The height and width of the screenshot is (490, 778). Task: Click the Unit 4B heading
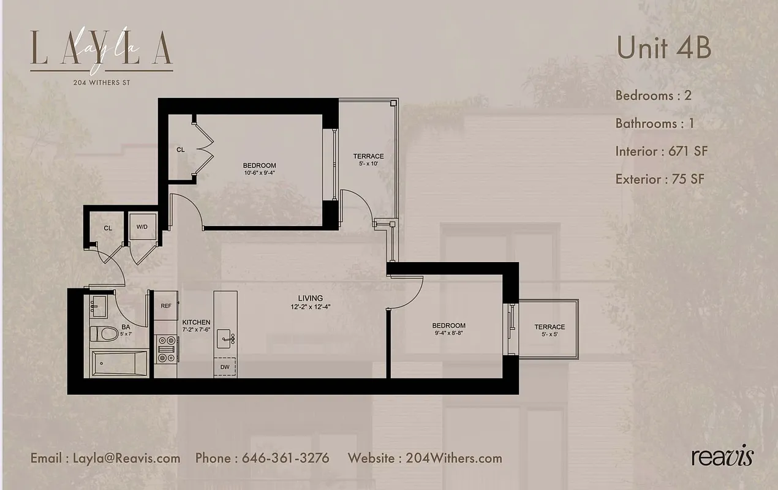(x=663, y=48)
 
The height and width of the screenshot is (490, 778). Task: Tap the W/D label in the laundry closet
(x=142, y=227)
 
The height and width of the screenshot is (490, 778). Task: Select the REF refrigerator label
(x=165, y=305)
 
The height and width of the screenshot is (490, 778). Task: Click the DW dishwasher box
(x=224, y=367)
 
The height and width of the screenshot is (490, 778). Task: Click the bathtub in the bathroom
(x=119, y=364)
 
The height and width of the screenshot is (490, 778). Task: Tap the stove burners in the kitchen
(x=165, y=349)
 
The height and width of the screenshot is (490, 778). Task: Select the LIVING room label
(x=311, y=298)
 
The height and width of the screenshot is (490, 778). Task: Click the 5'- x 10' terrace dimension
(x=368, y=164)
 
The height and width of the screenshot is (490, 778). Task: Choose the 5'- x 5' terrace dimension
(x=549, y=335)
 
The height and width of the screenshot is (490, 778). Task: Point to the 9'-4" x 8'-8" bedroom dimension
(x=448, y=334)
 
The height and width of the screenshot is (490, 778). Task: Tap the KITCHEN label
(x=196, y=322)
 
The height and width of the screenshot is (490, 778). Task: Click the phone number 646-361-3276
(x=285, y=458)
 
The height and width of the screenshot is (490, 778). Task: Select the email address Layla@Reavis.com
(x=126, y=458)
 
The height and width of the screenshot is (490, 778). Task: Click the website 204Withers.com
(x=453, y=458)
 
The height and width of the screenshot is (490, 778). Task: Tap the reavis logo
(x=722, y=457)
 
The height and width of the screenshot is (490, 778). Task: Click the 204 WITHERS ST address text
(x=101, y=82)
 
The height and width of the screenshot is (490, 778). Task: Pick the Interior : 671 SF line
(x=662, y=151)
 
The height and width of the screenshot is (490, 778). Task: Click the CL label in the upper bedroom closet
(x=181, y=149)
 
